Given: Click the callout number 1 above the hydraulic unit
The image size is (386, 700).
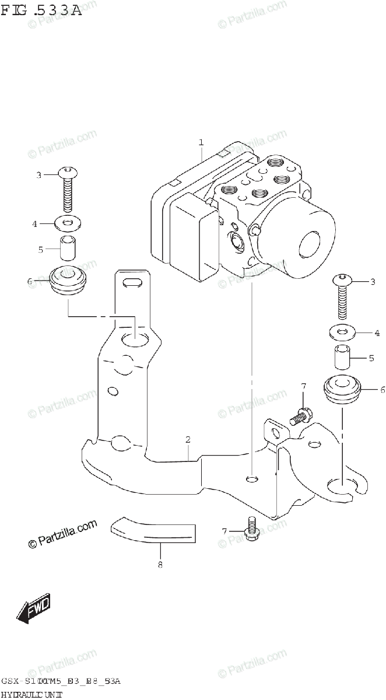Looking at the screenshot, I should click(201, 142).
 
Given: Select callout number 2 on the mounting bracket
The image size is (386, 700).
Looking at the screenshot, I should click(188, 439).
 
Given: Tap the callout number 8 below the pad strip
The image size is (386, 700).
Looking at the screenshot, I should click(160, 564).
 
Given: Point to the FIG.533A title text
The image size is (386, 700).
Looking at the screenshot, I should click(41, 10).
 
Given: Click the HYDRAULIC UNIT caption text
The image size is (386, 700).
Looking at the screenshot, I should click(32, 694).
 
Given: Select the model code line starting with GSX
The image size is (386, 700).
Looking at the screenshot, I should click(61, 681).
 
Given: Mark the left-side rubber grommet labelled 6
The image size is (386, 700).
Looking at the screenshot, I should click(69, 281).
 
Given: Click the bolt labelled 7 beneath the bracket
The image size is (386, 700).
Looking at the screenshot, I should click(252, 528).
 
